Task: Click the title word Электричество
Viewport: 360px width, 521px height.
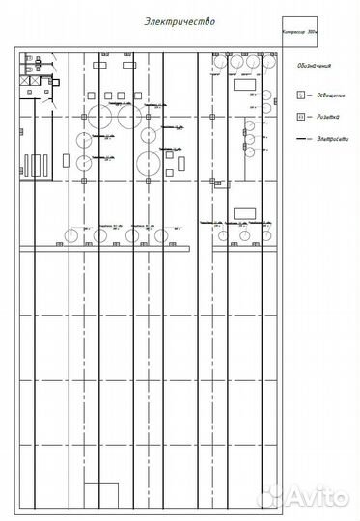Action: click(x=180, y=19)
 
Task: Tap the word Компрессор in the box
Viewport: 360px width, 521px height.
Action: click(x=294, y=32)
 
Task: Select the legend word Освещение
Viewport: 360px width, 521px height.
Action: click(x=325, y=96)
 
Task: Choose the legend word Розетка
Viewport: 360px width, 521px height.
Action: click(x=322, y=117)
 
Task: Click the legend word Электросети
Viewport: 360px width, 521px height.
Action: click(x=327, y=141)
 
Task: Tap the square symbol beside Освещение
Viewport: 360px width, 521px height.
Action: click(x=300, y=96)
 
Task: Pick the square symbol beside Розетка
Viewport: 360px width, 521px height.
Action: click(x=300, y=117)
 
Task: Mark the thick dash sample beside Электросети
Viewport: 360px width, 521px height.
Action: click(x=300, y=141)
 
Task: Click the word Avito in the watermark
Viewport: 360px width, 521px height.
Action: click(x=318, y=497)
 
